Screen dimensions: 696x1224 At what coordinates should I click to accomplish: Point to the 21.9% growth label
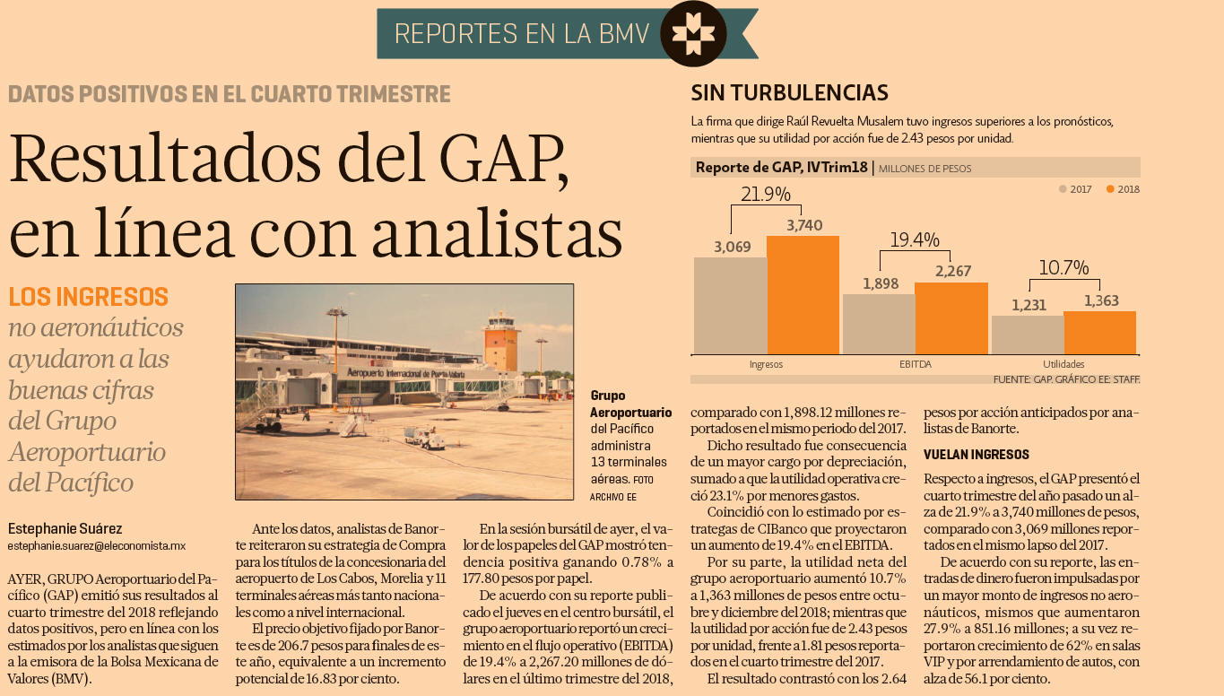pyautogui.click(x=765, y=194)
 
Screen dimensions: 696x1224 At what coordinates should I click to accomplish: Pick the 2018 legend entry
pyautogui.click(x=1123, y=189)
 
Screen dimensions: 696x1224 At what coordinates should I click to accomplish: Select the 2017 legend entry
pyautogui.click(x=1075, y=189)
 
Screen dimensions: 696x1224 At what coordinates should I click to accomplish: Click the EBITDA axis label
pyautogui.click(x=915, y=364)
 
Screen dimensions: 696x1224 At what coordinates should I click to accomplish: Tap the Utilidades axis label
pyautogui.click(x=1063, y=364)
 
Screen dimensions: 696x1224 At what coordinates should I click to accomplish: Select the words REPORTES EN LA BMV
pyautogui.click(x=521, y=34)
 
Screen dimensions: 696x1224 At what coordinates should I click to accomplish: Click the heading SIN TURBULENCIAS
pyautogui.click(x=789, y=92)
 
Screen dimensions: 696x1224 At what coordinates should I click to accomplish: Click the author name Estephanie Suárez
pyautogui.click(x=65, y=528)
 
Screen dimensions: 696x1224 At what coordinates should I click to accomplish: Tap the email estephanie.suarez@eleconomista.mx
pyautogui.click(x=96, y=545)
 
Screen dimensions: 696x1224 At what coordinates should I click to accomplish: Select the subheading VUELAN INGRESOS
pyautogui.click(x=977, y=455)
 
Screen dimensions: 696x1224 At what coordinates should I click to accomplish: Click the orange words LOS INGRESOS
pyautogui.click(x=88, y=297)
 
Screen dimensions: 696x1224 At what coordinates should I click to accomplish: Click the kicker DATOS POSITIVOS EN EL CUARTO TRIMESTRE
pyautogui.click(x=230, y=93)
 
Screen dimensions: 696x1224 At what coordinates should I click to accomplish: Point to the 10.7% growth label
pyautogui.click(x=1063, y=267)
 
